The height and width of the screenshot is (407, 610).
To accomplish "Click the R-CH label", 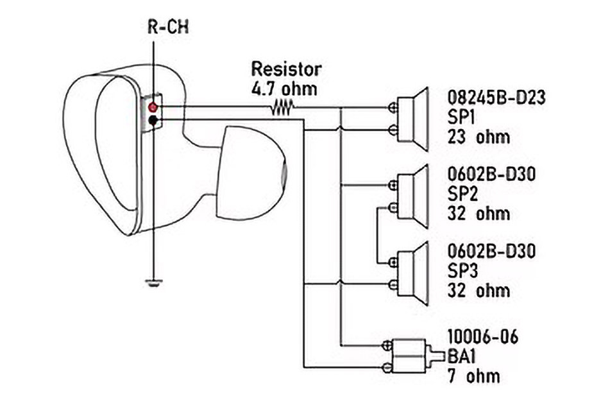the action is click(168, 27).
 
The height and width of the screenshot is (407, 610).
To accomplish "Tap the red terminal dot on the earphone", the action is click(153, 107).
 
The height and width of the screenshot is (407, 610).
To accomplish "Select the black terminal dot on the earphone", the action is click(153, 120).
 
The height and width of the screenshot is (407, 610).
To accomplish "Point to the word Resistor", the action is click(286, 69).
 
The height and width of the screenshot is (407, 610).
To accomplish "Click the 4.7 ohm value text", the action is click(284, 89).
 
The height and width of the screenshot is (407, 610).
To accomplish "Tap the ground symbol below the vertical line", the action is click(154, 282).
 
